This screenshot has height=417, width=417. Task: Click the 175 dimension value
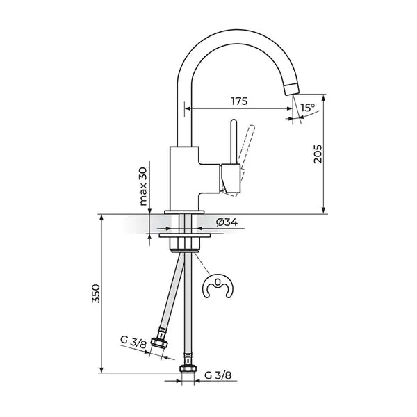[239, 101]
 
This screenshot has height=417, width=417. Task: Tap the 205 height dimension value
[318, 154]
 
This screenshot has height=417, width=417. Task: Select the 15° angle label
[308, 108]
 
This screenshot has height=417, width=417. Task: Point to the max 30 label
[143, 186]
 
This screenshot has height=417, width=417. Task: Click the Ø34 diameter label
[227, 222]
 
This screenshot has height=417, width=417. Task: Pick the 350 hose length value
[96, 293]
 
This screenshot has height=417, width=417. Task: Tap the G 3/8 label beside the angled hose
[133, 342]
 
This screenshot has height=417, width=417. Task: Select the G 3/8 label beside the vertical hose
[218, 375]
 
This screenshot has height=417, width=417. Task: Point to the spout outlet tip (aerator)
[292, 88]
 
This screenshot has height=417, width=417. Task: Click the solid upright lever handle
[234, 142]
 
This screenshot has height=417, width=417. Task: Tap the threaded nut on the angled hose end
[160, 343]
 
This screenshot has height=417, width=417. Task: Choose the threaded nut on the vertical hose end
[188, 369]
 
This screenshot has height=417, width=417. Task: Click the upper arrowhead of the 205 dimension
[323, 97]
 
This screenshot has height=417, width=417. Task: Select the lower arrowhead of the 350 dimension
[101, 370]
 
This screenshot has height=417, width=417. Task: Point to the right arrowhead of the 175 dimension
[289, 108]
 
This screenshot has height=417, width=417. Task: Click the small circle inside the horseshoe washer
[218, 282]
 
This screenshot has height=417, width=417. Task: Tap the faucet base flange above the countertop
[184, 212]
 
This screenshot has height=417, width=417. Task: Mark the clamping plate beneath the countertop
[185, 236]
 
